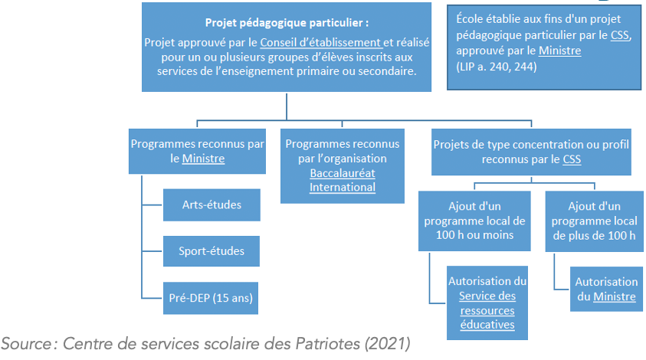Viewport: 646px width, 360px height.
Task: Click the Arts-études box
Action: pyautogui.click(x=212, y=205)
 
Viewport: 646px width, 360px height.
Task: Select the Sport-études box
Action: pyautogui.click(x=212, y=251)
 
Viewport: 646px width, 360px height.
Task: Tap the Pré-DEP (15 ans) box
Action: pyautogui.click(x=211, y=298)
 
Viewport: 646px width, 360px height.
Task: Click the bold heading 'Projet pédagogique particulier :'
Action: pyautogui.click(x=287, y=23)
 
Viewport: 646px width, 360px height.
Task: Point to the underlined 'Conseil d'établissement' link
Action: pyautogui.click(x=321, y=42)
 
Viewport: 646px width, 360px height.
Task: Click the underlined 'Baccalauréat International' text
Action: pyautogui.click(x=343, y=180)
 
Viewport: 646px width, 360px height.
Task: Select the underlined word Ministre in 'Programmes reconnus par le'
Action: pyautogui.click(x=204, y=159)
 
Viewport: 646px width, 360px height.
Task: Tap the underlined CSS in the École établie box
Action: pyautogui.click(x=620, y=35)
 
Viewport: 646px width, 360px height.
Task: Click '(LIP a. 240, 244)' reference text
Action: pyautogui.click(x=497, y=67)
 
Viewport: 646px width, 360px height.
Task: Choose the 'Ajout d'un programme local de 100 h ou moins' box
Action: pyautogui.click(x=474, y=221)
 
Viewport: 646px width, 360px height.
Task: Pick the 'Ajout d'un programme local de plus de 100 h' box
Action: pyautogui.click(x=594, y=221)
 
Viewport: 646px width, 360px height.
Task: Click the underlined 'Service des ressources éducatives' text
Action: pyautogui.click(x=487, y=310)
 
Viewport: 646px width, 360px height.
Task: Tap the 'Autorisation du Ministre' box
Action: pyautogui.click(x=606, y=289)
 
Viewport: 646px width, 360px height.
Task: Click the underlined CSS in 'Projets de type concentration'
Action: pyautogui.click(x=572, y=159)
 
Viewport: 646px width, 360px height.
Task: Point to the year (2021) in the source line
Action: pyautogui.click(x=387, y=343)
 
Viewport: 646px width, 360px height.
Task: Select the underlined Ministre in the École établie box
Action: pyautogui.click(x=560, y=51)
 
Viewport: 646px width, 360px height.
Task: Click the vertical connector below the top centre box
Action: pyautogui.click(x=287, y=106)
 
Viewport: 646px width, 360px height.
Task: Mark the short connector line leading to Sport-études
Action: pyautogui.click(x=152, y=250)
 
